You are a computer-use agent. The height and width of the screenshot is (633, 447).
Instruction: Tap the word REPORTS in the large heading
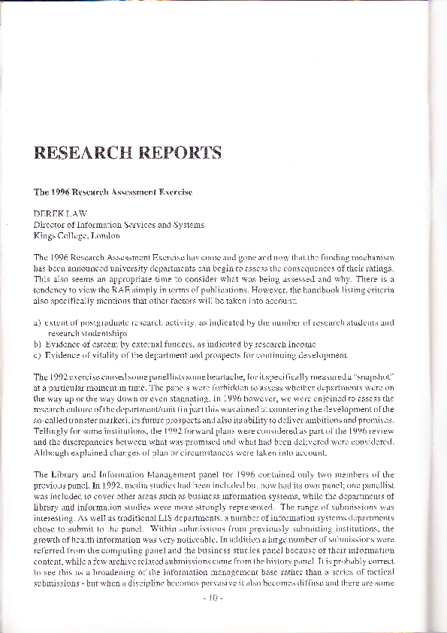[177, 153]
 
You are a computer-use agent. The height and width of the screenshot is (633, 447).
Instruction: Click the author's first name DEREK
[47, 214]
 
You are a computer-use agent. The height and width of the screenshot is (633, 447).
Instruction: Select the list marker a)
[38, 323]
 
